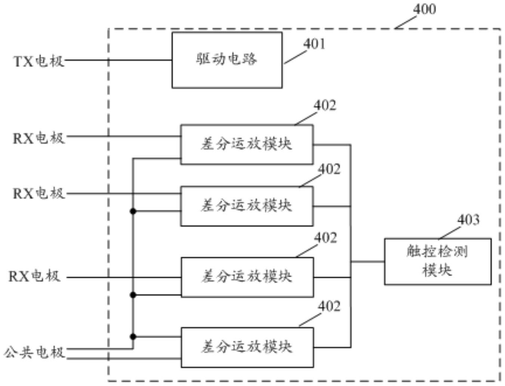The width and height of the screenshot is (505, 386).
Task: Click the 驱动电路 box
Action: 227,60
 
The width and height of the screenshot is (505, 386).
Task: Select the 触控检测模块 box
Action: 437,261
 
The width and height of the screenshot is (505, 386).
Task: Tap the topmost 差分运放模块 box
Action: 247,144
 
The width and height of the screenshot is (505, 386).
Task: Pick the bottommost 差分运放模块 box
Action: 247,348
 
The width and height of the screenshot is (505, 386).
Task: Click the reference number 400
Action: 424,9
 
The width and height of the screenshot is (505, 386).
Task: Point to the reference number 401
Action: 314,44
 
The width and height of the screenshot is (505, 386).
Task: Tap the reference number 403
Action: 468,220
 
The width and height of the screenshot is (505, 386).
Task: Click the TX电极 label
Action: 39,61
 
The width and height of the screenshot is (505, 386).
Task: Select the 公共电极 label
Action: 34,352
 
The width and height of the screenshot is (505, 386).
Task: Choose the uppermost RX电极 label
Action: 39,138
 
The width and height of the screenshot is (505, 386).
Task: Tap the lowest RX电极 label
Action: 34,276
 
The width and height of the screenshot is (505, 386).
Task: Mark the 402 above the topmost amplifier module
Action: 324,105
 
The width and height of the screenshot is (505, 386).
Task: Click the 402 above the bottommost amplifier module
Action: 329,306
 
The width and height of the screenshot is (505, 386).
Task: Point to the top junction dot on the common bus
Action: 133,211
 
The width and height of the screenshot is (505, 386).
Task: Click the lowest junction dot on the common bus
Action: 133,337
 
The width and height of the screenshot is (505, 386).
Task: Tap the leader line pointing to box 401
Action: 295,57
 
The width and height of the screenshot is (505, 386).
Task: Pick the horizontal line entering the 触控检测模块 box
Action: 368,262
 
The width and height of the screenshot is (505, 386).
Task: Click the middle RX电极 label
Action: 39,193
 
